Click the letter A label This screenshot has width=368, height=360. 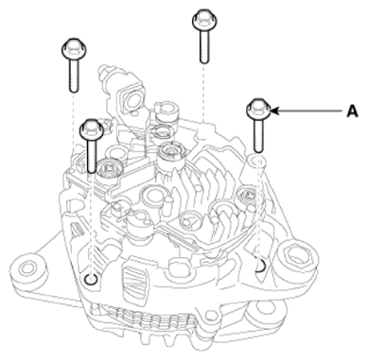352,111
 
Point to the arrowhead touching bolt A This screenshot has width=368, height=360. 274,111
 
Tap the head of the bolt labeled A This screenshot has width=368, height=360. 258,109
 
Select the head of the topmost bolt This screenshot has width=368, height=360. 204,20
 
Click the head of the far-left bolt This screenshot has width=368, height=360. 74,49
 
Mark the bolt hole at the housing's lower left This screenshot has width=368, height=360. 91,279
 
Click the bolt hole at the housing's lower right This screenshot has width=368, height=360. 260,266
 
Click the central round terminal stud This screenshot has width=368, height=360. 171,152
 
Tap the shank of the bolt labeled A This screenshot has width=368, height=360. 258,135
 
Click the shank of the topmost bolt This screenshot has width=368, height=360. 204,46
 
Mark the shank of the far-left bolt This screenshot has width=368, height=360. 74,77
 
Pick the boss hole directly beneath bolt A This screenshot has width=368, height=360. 258,159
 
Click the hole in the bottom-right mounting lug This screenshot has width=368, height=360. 264,312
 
